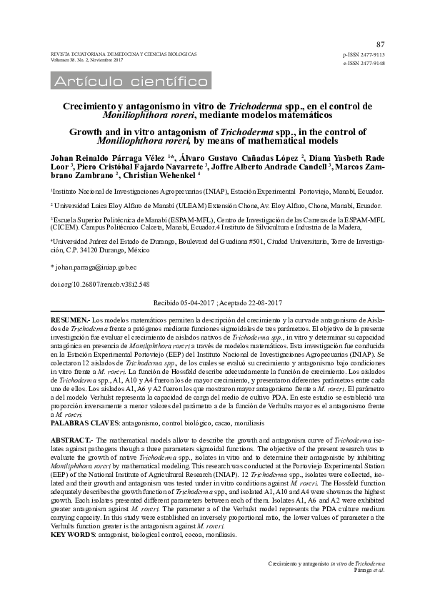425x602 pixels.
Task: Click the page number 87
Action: point(379,44)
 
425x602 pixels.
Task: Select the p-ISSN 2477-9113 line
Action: point(364,54)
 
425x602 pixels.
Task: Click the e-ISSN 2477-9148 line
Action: point(364,63)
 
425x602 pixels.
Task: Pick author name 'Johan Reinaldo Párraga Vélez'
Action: point(104,157)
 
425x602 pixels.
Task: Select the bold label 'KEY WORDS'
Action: point(71,534)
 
